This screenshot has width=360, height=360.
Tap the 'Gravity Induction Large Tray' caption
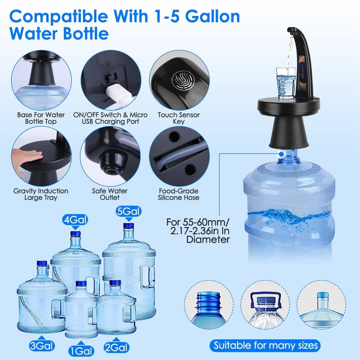[x=40, y=194]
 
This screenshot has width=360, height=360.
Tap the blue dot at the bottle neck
[x=281, y=153]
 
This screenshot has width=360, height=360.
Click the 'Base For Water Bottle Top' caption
[x=40, y=118]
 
